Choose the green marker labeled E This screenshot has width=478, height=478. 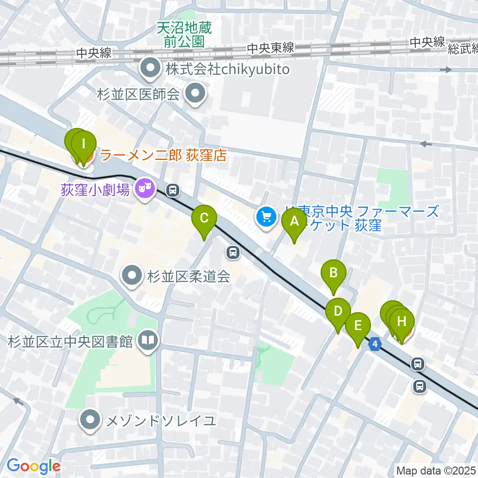[358, 327]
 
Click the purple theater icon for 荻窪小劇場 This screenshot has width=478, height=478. [144, 189]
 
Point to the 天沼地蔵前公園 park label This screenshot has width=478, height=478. [184, 34]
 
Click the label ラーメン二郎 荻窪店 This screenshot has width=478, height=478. [163, 156]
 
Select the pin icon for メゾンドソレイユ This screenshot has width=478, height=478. [90, 420]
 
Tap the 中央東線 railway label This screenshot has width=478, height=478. [270, 48]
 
